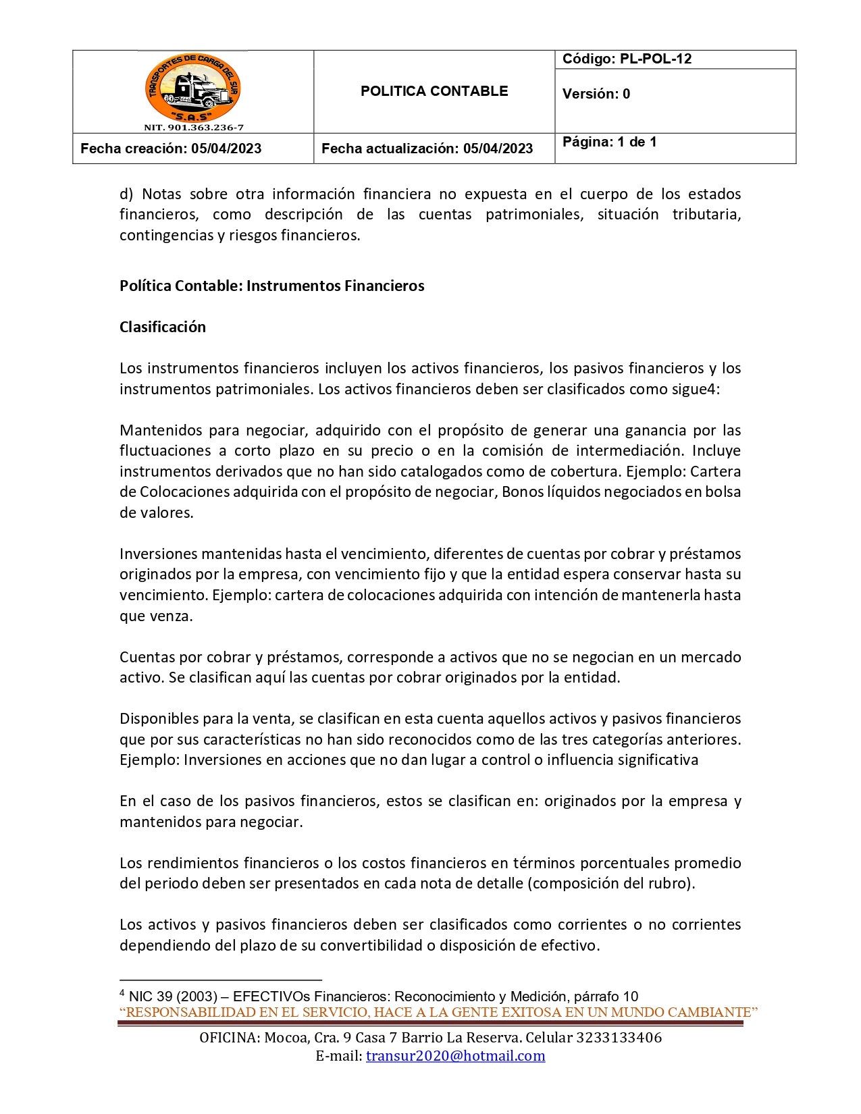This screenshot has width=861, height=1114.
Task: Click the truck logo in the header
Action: (193, 87)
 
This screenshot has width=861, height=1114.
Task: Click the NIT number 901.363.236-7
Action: (193, 128)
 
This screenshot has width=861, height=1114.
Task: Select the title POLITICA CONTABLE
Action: (434, 91)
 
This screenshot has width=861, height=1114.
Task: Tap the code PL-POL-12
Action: (655, 59)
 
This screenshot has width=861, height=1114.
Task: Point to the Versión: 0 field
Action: (596, 94)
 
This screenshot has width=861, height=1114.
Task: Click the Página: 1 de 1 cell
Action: (609, 142)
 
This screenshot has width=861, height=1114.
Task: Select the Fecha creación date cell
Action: (171, 149)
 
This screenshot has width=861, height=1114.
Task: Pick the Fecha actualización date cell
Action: (427, 149)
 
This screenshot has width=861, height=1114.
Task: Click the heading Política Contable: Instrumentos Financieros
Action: (271, 286)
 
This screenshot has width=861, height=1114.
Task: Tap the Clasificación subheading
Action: (162, 327)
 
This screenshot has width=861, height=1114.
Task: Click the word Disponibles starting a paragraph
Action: (158, 718)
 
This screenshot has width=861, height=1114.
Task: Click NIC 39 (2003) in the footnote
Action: (173, 997)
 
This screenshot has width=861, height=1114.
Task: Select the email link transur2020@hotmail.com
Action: (455, 1056)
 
